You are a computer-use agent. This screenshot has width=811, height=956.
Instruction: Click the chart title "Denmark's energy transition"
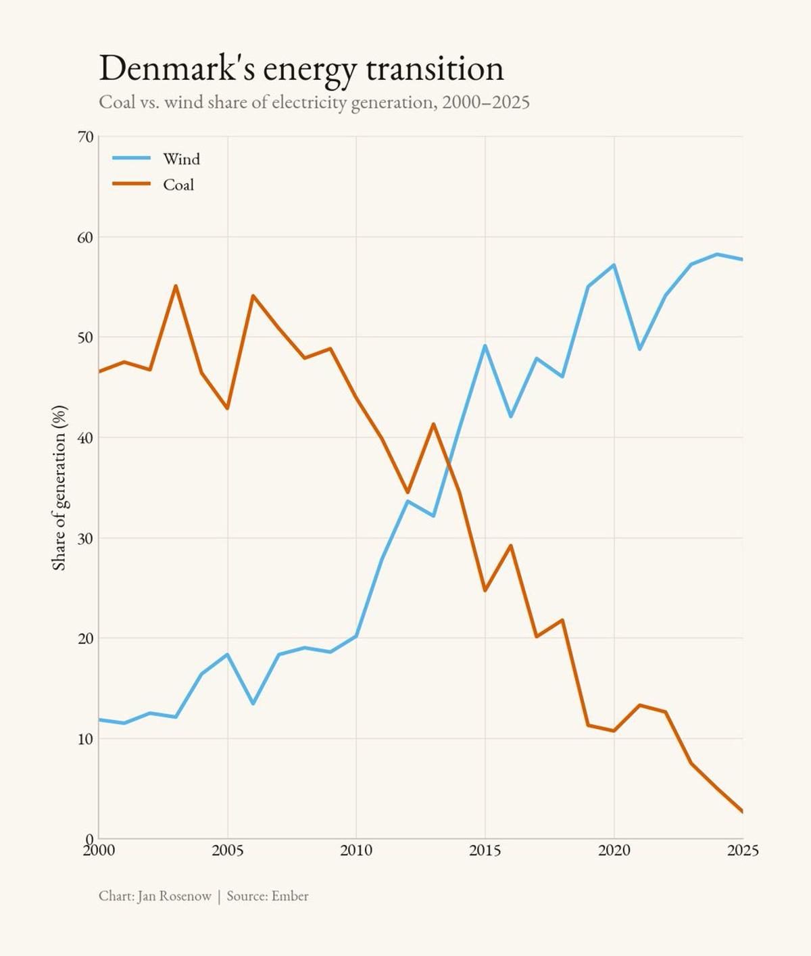click(301, 68)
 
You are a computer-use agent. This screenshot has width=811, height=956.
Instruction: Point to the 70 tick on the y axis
click(86, 137)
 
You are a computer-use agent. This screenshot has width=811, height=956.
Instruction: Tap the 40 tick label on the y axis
click(86, 437)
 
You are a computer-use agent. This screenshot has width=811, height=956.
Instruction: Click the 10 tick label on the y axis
click(86, 738)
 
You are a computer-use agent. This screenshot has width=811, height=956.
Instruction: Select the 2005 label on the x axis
click(228, 851)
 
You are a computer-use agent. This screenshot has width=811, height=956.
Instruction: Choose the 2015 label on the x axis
click(485, 851)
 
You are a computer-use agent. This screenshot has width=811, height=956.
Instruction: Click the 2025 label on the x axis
click(742, 851)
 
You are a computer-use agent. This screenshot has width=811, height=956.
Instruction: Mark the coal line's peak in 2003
click(176, 286)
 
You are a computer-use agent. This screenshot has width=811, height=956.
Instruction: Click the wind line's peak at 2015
click(485, 346)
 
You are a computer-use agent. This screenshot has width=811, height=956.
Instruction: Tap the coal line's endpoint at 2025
click(742, 811)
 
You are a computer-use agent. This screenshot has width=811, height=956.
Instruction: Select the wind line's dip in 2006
click(253, 704)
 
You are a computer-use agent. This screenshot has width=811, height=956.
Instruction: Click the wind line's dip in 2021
click(639, 349)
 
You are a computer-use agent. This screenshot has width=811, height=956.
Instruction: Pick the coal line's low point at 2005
click(228, 408)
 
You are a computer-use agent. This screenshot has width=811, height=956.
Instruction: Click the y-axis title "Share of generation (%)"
click(59, 487)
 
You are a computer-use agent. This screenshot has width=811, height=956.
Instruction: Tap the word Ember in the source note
click(290, 896)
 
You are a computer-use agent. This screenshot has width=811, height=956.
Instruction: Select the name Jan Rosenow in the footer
click(174, 896)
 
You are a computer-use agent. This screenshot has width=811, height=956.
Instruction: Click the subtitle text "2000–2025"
click(486, 102)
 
